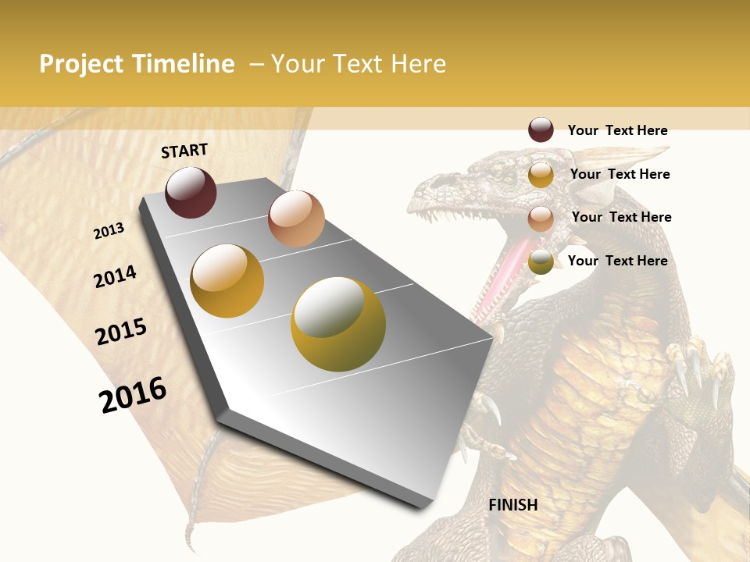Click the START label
(184, 151)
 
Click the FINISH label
(512, 505)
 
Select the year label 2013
(109, 230)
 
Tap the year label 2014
(116, 276)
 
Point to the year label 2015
(121, 332)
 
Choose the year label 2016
(133, 394)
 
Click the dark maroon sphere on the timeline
(191, 192)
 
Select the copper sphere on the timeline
(296, 218)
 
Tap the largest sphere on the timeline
(338, 324)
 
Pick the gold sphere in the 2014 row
(227, 280)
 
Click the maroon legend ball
(541, 130)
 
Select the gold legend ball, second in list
(541, 175)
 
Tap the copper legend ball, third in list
(541, 219)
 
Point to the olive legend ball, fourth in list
(541, 262)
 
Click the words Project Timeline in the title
(137, 64)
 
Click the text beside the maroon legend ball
(617, 130)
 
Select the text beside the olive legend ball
(617, 261)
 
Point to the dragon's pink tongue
(497, 273)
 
